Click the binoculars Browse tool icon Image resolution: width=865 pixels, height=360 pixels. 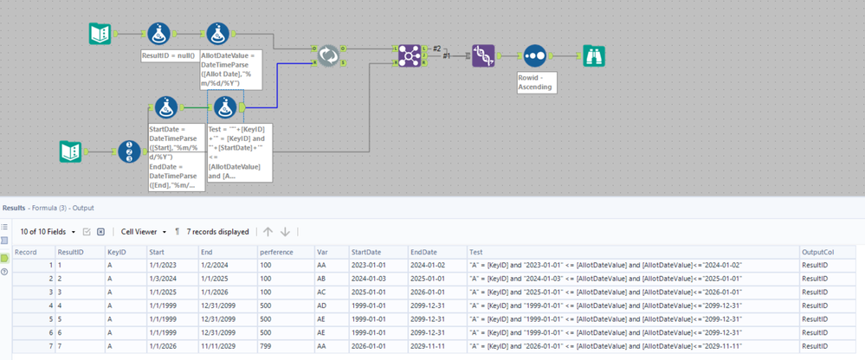pyautogui.click(x=593, y=56)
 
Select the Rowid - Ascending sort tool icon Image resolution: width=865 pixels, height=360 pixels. pyautogui.click(x=535, y=56)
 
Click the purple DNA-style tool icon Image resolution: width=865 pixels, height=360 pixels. pyautogui.click(x=483, y=56)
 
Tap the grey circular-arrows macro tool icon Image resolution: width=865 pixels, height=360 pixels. pyautogui.click(x=328, y=56)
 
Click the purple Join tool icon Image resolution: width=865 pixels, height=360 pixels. pyautogui.click(x=410, y=56)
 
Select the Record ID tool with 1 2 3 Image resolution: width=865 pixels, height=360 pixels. pyautogui.click(x=129, y=152)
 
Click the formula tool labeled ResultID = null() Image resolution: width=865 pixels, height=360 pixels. pyautogui.click(x=158, y=35)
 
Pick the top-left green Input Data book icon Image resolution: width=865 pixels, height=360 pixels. pyautogui.click(x=100, y=35)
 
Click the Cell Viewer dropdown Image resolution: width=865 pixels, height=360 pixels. pyautogui.click(x=143, y=232)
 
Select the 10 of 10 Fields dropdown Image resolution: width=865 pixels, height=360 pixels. pyautogui.click(x=48, y=232)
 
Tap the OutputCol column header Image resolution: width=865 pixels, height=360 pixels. pyautogui.click(x=818, y=252)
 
